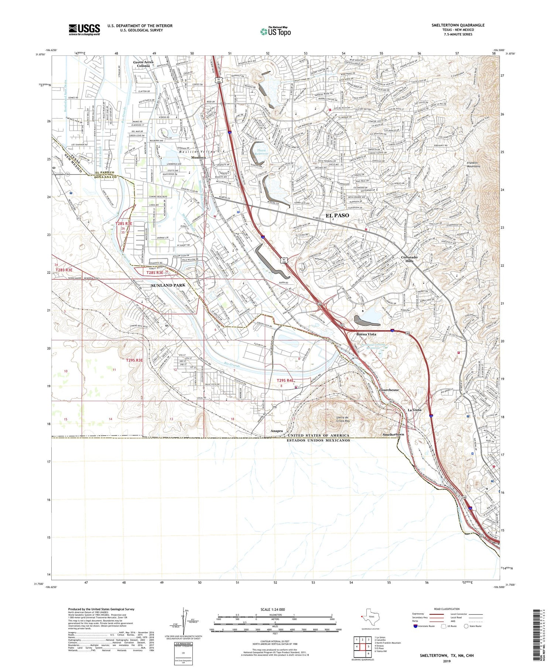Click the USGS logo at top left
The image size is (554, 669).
(x=84, y=30)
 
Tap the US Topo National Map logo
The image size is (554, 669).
(x=275, y=32)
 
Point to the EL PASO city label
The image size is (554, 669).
(x=337, y=215)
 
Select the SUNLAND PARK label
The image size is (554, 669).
(x=168, y=286)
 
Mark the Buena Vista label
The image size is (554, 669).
(x=366, y=334)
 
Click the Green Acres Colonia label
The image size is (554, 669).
(x=143, y=64)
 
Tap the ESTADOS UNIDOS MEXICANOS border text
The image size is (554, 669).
(x=318, y=440)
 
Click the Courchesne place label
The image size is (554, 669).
(x=389, y=390)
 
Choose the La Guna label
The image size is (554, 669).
(x=414, y=410)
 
